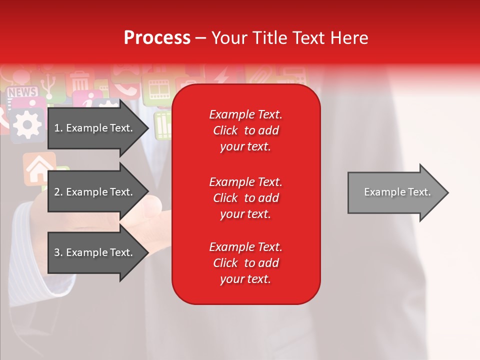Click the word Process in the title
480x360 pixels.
click(157, 38)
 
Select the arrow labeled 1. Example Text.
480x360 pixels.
click(97, 128)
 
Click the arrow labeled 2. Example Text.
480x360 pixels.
click(97, 192)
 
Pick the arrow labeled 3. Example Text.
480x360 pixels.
click(97, 252)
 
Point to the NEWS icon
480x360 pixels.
click(22, 92)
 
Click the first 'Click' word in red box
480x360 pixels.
click(225, 130)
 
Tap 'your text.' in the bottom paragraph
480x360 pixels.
click(245, 279)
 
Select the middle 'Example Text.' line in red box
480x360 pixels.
click(245, 182)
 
